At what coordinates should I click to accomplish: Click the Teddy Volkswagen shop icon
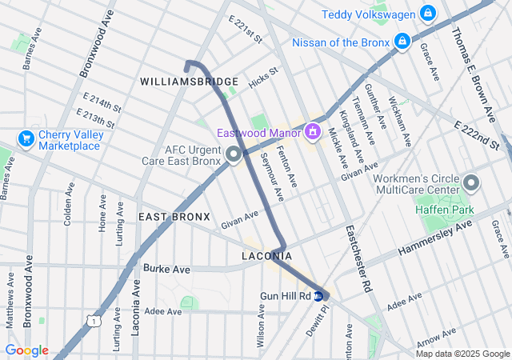pos(428,14)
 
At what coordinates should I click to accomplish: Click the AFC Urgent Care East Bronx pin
pos(234,154)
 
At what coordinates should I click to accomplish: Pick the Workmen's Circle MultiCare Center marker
pos(470,183)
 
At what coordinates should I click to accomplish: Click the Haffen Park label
pos(444,210)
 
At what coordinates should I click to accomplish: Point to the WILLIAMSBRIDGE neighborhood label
pos(189,82)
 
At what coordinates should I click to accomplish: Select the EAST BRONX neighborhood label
pos(174,217)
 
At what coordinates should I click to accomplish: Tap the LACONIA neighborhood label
pos(266,256)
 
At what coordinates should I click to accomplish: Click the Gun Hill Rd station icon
pos(319,296)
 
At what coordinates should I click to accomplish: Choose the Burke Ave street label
pos(167,270)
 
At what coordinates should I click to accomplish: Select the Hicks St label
pos(262,77)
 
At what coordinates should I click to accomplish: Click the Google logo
pos(26,350)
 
